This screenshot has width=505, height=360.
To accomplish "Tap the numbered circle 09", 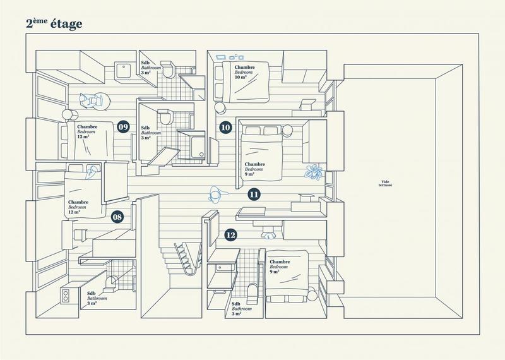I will click(x=124, y=127).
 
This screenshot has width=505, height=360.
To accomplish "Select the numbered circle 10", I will click(x=225, y=127).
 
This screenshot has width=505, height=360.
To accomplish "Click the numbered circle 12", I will click(x=232, y=235).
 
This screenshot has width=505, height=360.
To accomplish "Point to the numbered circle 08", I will click(x=117, y=217).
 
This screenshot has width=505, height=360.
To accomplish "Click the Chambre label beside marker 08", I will click(x=79, y=207).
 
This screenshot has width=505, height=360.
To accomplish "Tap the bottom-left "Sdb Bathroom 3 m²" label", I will click(x=96, y=299).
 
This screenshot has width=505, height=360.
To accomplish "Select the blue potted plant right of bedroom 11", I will click(x=314, y=171).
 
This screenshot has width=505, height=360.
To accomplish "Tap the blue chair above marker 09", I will click(x=90, y=100).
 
